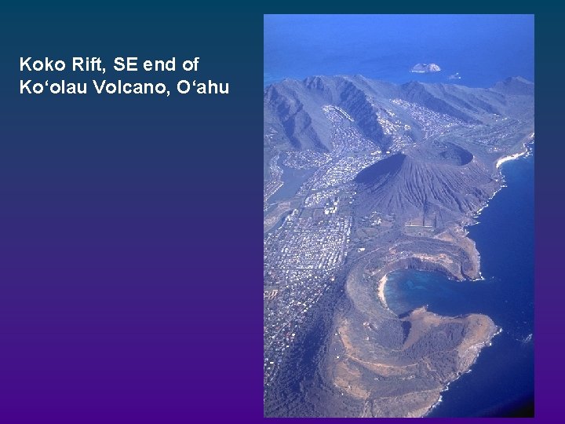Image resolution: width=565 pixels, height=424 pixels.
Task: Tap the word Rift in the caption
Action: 81,64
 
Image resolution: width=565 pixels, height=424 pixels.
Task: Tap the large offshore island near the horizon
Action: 425,68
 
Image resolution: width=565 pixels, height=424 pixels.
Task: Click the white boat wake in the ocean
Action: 527,337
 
